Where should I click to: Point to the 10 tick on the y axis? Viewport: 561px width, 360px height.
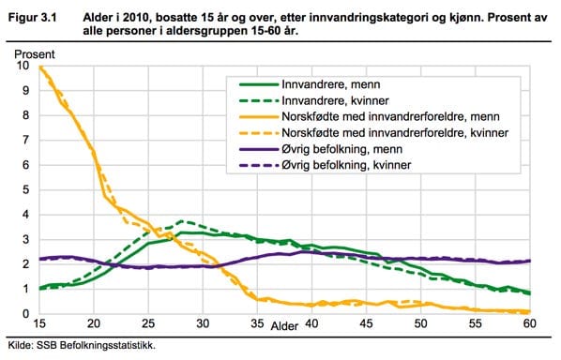(x=23, y=67)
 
